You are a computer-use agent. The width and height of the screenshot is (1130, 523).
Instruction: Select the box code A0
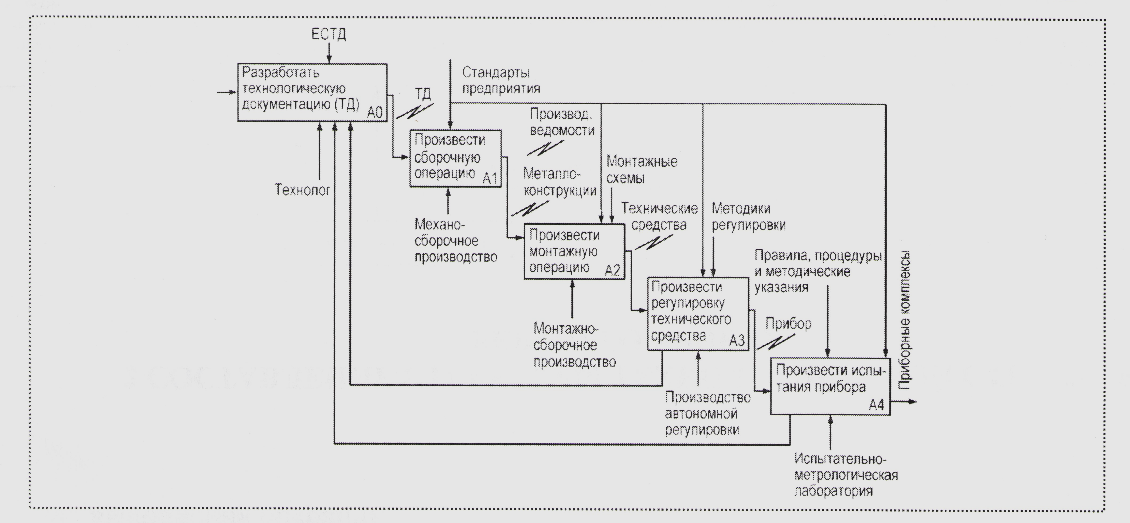pos(375,113)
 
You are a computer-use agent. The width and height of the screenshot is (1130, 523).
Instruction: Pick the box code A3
pos(737,341)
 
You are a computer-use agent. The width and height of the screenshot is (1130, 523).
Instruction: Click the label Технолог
pos(302,190)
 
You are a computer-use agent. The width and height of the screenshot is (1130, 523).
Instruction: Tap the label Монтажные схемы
pos(641,170)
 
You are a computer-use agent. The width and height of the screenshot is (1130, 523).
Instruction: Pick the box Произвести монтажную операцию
pos(574,251)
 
